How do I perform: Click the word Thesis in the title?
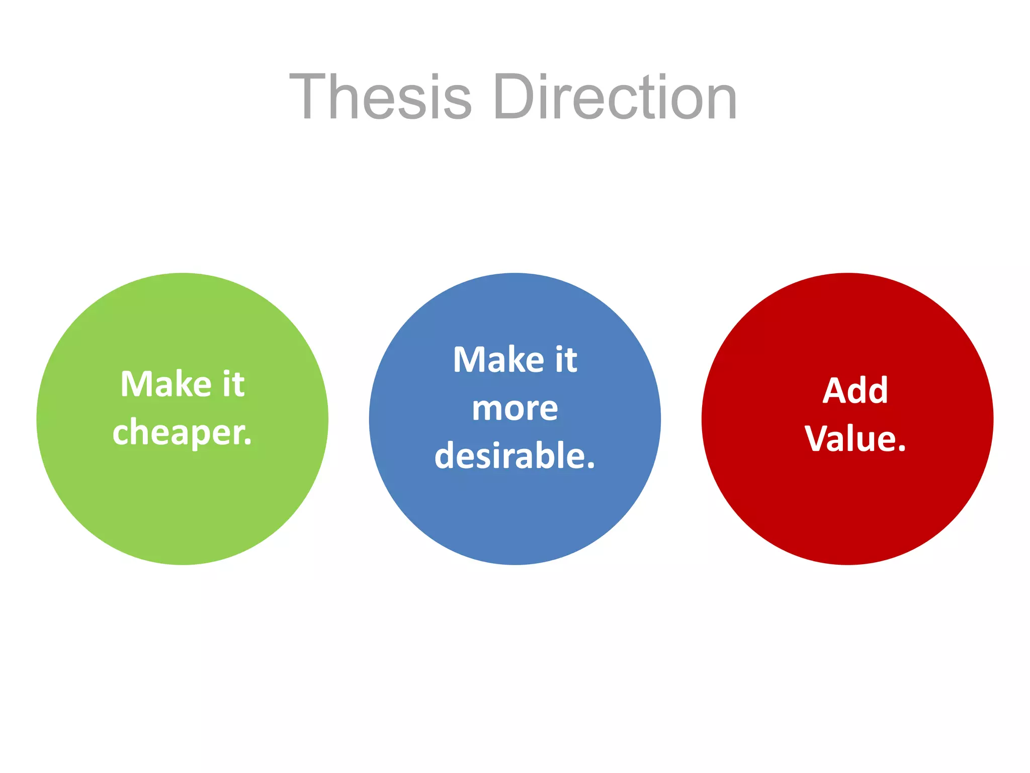[x=381, y=97]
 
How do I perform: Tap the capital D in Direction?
[x=514, y=97]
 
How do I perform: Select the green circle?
[x=182, y=503]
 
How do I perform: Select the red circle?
[x=847, y=503]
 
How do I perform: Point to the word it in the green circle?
[x=233, y=384]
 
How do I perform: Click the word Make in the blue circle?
[x=498, y=360]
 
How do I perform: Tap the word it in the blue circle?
[x=566, y=360]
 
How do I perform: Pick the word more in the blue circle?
[x=514, y=409]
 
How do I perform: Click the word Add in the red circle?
[x=855, y=391]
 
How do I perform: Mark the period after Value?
[x=902, y=448]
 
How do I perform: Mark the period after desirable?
[x=590, y=466]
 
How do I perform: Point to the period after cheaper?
[x=247, y=442]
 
